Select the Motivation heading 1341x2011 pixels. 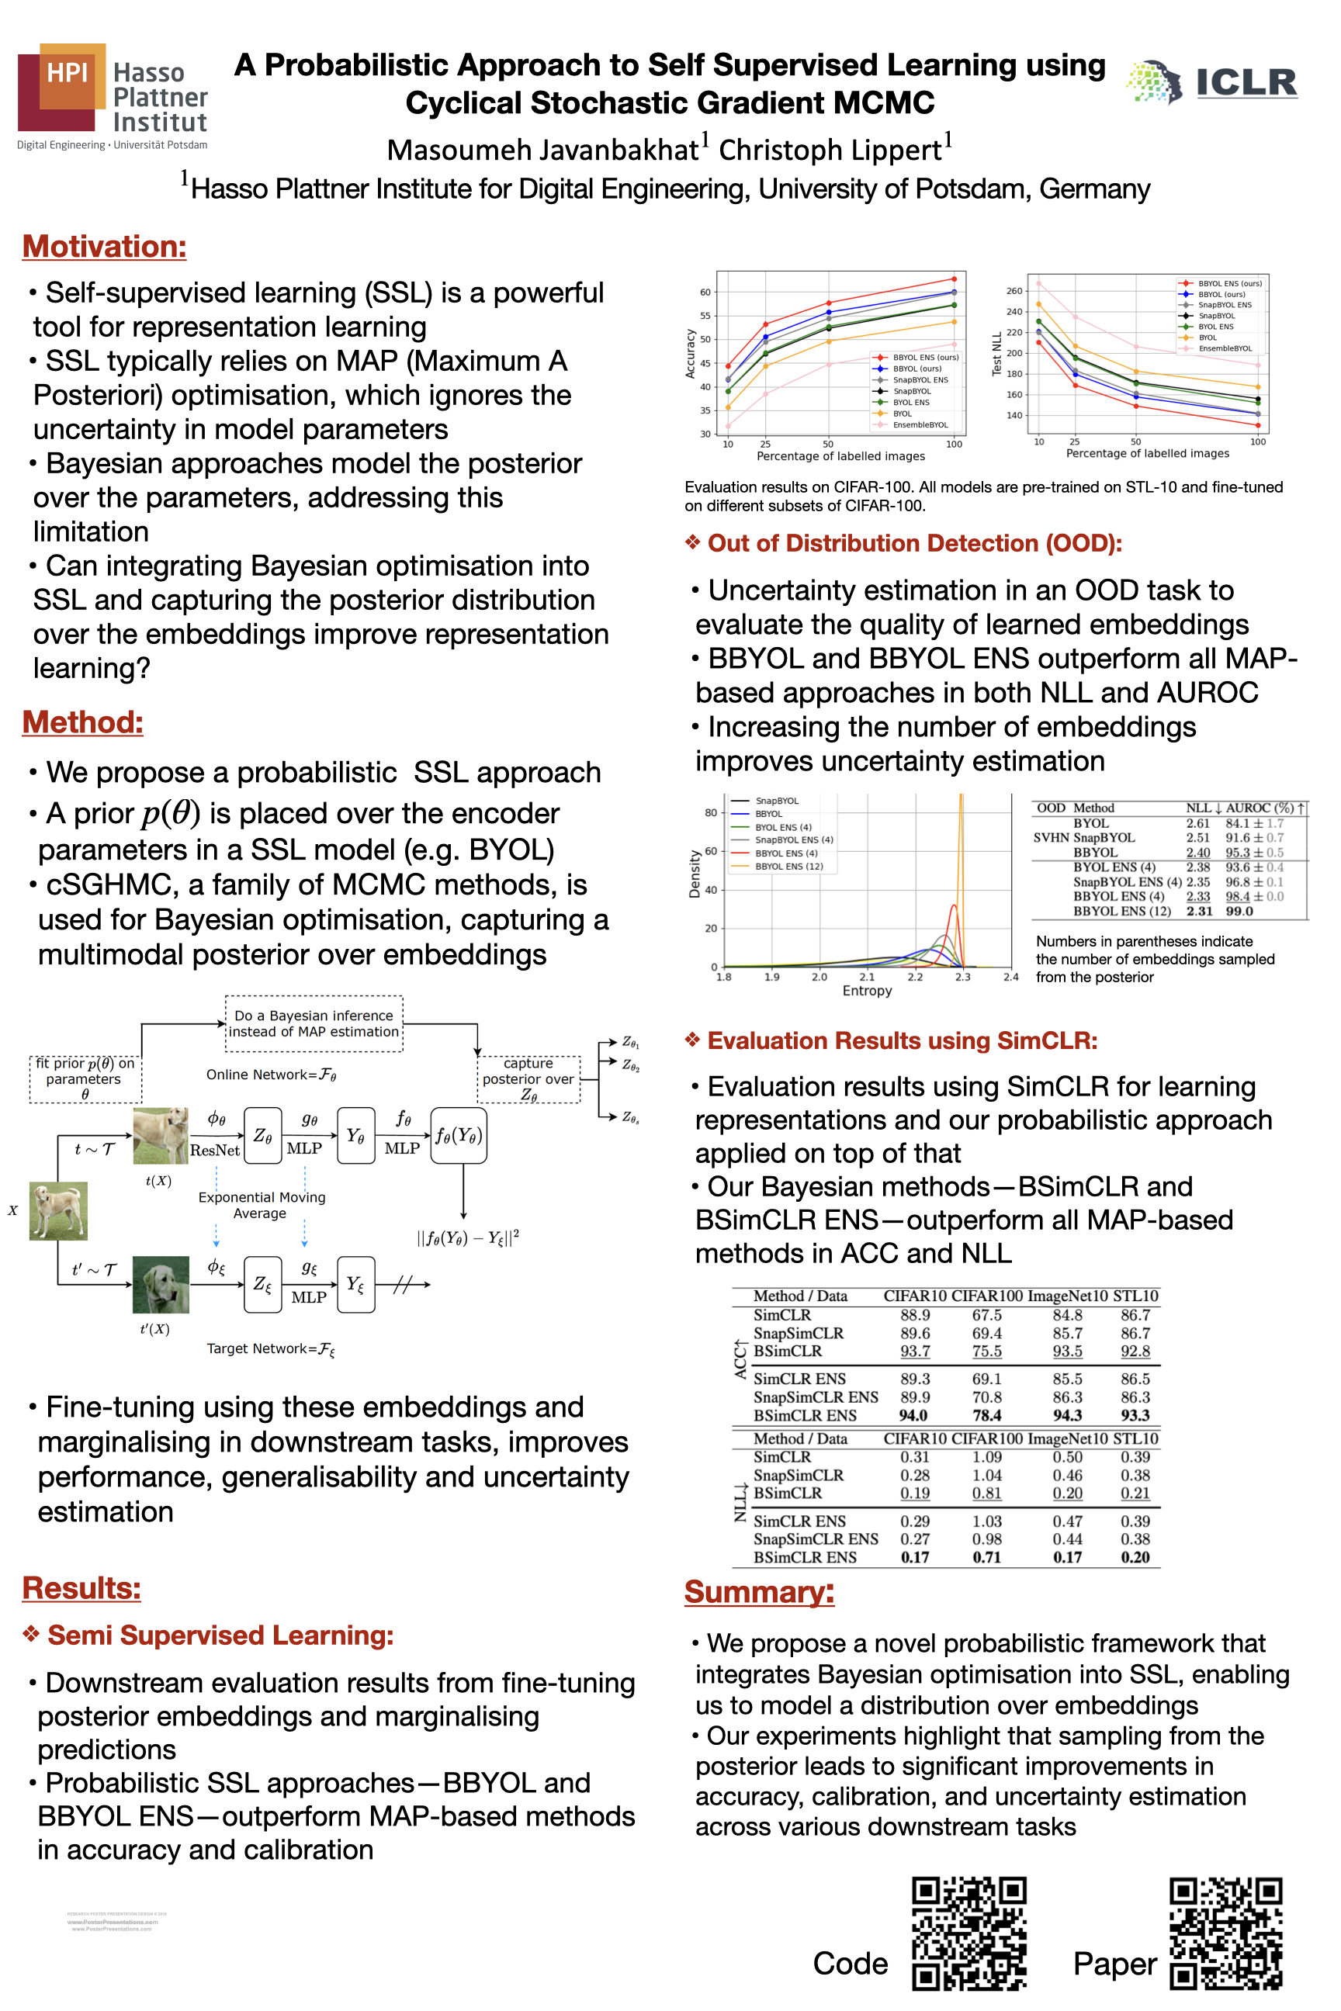coord(104,246)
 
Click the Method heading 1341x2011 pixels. coord(83,722)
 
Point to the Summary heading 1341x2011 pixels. coord(759,1592)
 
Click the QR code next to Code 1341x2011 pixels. coord(968,1934)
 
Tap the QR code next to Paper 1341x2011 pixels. coord(1225,1934)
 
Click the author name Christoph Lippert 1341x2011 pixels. coord(830,150)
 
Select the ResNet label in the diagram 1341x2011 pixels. coord(215,1150)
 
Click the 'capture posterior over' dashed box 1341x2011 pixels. coord(528,1079)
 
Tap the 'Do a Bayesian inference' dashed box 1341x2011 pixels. coord(314,1023)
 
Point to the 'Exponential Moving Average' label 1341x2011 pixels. coord(262,1205)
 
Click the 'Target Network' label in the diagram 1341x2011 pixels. coord(270,1348)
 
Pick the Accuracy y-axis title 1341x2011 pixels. coord(690,354)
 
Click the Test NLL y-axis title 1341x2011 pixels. coord(996,354)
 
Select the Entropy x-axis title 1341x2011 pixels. coord(866,990)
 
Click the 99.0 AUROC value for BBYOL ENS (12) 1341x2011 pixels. coord(1239,912)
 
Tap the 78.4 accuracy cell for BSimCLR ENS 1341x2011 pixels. coord(986,1415)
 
